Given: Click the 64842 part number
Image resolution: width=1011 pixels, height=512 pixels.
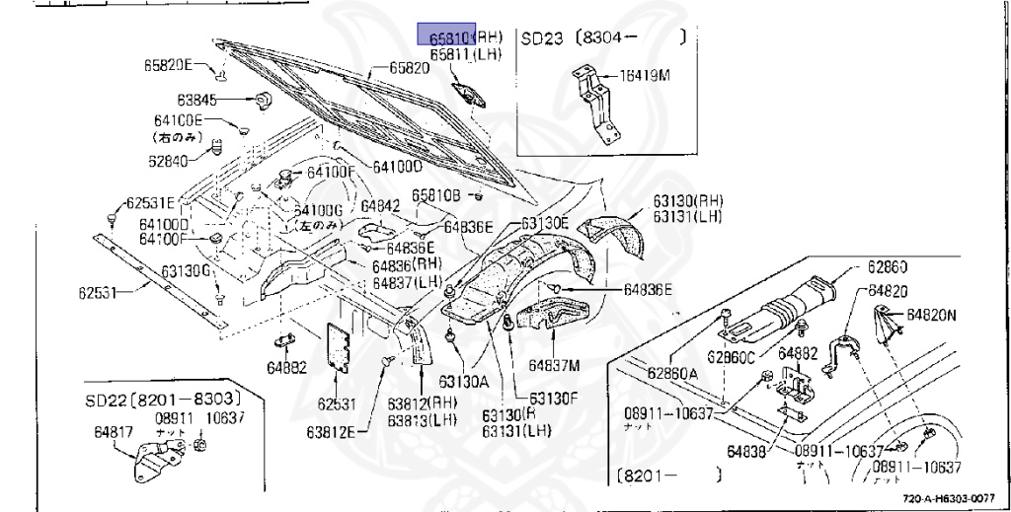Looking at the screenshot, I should tap(380, 206).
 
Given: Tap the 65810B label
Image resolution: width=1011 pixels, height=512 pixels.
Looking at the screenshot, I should tap(436, 195).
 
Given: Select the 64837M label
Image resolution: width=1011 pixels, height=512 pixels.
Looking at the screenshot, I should tap(557, 364).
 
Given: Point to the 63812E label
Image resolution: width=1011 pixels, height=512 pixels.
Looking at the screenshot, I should tap(335, 430).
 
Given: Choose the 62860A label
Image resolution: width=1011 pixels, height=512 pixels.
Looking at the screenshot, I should tap(672, 372).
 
